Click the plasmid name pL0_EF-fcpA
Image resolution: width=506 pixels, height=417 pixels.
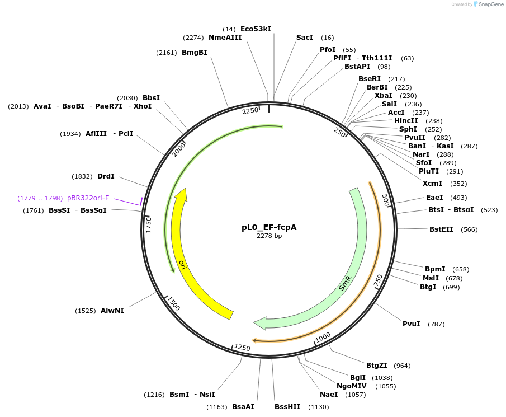click(269, 228)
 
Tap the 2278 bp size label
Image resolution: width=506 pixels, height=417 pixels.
click(269, 236)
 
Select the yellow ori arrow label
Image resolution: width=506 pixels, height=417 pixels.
click(182, 264)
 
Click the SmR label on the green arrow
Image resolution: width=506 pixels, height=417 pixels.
click(346, 283)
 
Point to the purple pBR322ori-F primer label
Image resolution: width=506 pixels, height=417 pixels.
click(88, 198)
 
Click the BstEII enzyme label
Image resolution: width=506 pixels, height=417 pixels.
click(441, 229)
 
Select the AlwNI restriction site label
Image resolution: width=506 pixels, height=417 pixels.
click(112, 310)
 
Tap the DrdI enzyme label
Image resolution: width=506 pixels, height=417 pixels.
click(106, 176)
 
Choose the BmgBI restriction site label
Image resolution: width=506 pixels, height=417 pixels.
click(195, 53)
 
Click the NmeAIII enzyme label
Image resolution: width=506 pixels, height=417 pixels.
click(225, 38)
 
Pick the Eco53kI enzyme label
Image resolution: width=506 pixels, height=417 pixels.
click(256, 29)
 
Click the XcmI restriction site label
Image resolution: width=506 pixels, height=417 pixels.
click(432, 184)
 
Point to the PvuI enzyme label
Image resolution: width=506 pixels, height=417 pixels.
click(411, 324)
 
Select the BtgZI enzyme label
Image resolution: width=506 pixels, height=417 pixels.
click(376, 366)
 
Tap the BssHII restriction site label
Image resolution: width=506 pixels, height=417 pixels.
click(287, 406)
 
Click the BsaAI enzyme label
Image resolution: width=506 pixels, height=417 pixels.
click(243, 406)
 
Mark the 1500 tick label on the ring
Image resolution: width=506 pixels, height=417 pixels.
click(174, 304)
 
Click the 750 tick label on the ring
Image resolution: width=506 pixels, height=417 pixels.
click(379, 280)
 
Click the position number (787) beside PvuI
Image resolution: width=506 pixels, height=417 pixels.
click(436, 324)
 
